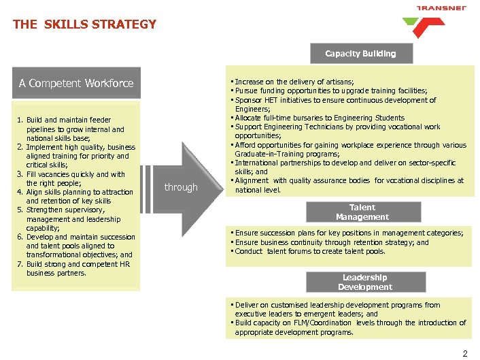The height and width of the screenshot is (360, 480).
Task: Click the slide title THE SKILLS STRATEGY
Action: (x=84, y=24)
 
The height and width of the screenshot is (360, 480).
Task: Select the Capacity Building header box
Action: (x=360, y=53)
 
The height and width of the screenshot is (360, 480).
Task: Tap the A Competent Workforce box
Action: (x=76, y=83)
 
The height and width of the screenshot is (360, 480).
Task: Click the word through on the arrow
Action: (x=181, y=187)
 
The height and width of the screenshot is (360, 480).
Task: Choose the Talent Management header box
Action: (x=362, y=212)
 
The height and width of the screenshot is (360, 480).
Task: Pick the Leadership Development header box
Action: (x=365, y=282)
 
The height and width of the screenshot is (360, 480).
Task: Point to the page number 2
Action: (x=465, y=353)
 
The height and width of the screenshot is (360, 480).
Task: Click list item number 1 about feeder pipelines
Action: (x=74, y=129)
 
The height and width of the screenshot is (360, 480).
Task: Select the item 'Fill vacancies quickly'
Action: (x=75, y=178)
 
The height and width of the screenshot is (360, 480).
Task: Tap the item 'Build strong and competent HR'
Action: (x=75, y=268)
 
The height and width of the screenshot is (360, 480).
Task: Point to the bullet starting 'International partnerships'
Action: (x=347, y=167)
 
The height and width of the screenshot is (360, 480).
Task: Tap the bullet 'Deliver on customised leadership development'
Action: (x=337, y=309)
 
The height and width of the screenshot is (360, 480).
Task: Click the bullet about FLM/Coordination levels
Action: (x=349, y=327)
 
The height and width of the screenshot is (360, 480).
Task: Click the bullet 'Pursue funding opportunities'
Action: (x=330, y=91)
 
